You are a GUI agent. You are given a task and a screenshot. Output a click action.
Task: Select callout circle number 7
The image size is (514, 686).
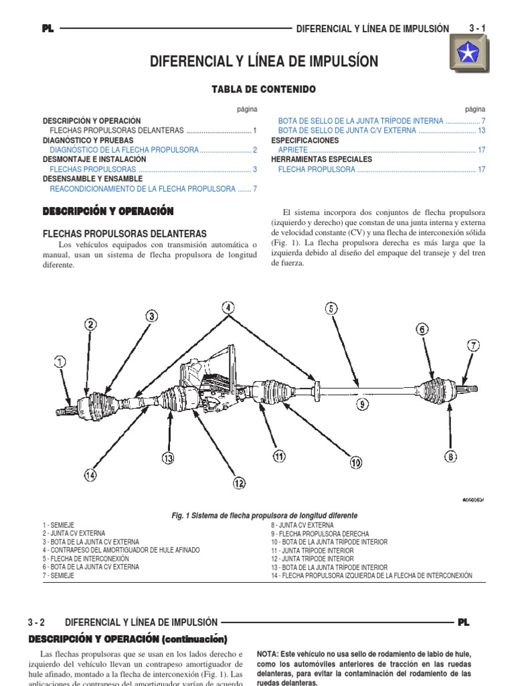tap(473, 346)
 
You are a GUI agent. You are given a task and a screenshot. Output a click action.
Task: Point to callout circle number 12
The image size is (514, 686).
tap(239, 482)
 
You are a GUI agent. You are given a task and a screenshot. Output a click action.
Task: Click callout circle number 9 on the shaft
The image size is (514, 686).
tap(361, 404)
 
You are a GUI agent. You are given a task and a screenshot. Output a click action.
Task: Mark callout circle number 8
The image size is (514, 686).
tap(450, 456)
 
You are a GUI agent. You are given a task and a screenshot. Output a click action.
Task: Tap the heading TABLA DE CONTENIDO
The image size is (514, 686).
tap(254, 89)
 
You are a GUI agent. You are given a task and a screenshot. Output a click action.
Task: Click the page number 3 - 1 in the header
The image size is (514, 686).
tap(477, 28)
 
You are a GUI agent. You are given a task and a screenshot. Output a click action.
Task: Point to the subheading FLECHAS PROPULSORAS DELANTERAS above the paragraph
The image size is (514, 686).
tap(124, 234)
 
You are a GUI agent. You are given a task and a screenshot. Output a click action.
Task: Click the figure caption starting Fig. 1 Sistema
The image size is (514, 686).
tap(264, 515)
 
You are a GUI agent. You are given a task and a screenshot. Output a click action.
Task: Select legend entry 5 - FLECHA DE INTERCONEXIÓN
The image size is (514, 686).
tap(85, 559)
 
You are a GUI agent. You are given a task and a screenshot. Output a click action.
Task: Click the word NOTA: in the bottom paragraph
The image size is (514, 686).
tap(268, 654)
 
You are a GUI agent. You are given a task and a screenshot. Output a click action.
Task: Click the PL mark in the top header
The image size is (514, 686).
tap(48, 29)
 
